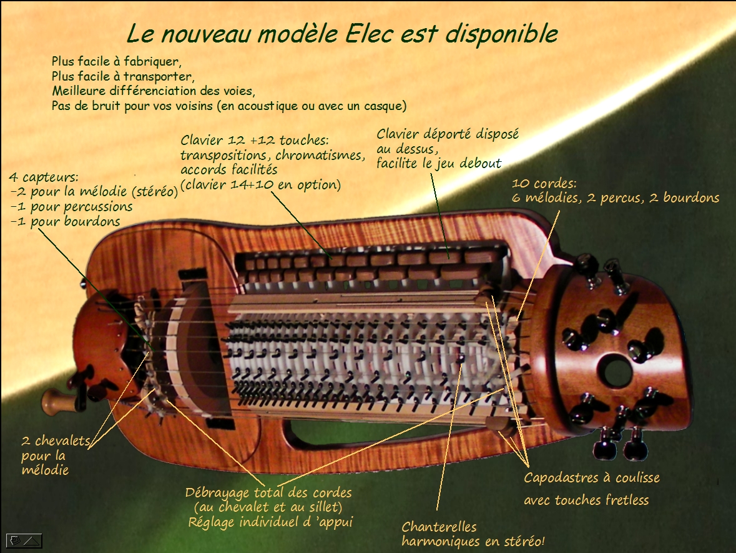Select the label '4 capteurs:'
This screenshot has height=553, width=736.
point(44,177)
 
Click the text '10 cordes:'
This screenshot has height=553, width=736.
point(544,183)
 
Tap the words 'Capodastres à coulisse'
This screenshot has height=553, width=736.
point(592,478)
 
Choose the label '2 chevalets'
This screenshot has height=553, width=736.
point(56,441)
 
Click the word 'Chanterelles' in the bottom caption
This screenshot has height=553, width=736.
point(439,527)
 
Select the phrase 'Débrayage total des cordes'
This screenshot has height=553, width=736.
point(268,492)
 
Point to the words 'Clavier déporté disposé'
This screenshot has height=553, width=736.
point(448,134)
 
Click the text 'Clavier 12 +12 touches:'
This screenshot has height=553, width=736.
point(255,140)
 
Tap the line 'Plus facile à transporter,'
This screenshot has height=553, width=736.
point(123,76)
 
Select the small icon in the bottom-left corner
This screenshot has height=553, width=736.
point(24,541)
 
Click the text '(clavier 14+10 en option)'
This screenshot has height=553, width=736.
point(261,185)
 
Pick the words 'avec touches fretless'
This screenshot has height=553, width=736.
point(586,500)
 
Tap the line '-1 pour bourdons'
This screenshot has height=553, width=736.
point(66,222)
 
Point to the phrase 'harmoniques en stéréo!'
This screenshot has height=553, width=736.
point(473,542)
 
